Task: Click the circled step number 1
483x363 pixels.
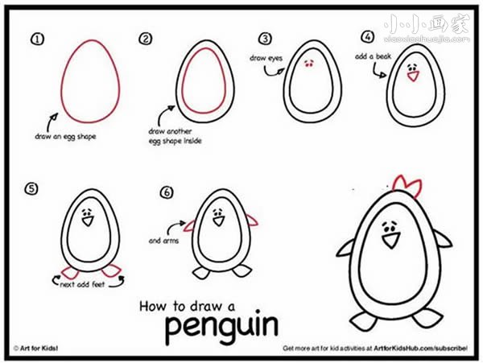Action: tap(37, 39)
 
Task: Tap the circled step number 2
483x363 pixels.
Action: tap(145, 39)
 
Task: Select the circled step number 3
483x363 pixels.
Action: tap(265, 39)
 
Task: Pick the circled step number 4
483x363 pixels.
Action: tap(368, 37)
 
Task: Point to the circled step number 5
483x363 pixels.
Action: tap(31, 188)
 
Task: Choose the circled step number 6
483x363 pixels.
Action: tap(167, 192)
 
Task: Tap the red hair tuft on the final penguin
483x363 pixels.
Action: tap(407, 187)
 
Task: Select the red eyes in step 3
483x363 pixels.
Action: tap(308, 64)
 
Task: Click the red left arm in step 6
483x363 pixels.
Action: tap(190, 225)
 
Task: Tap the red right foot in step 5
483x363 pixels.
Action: tap(112, 270)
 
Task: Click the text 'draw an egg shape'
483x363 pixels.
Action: tap(65, 136)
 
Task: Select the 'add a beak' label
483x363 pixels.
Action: tap(373, 56)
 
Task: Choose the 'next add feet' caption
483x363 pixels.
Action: tap(83, 284)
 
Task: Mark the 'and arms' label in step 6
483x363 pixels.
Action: tap(163, 241)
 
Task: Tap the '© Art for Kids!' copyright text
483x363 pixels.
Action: tap(35, 349)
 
